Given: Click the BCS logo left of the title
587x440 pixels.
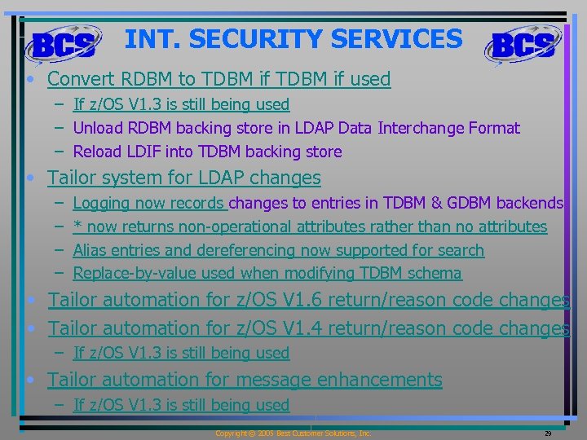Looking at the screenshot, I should [64, 44].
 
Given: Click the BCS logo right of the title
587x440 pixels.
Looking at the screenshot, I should [525, 44].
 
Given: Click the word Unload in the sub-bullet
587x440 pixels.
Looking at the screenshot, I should [95, 128].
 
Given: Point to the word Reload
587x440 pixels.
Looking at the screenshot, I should [95, 152].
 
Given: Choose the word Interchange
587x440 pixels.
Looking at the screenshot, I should [426, 128].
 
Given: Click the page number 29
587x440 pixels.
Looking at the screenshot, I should [548, 433].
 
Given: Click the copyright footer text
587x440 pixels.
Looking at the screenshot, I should [293, 433].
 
